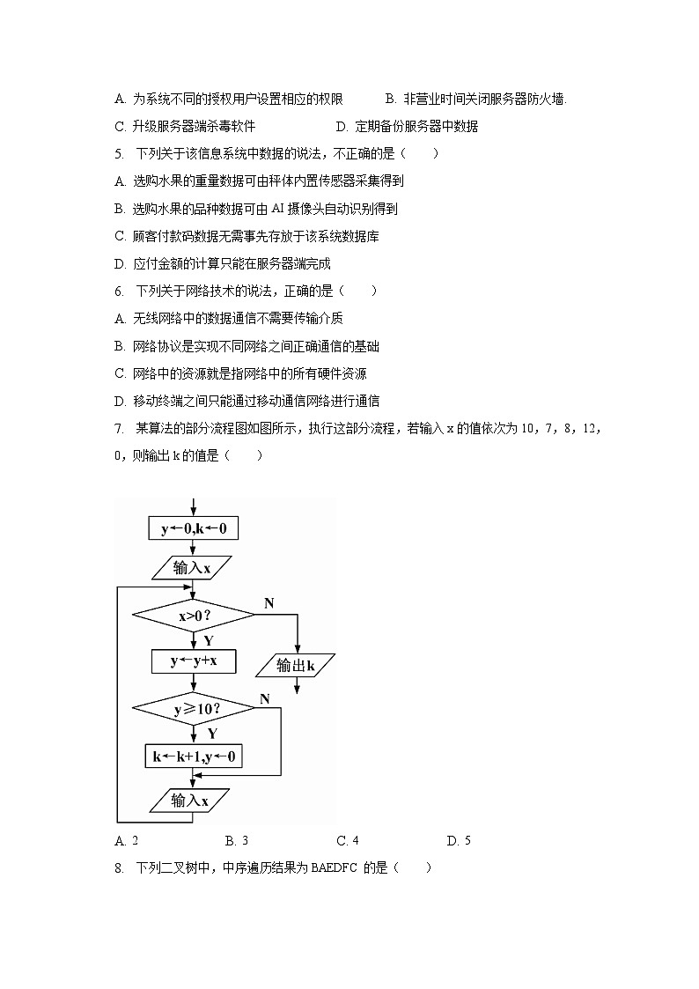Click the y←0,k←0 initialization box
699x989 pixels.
click(194, 528)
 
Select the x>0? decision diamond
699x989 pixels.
click(194, 616)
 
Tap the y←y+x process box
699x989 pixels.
click(194, 661)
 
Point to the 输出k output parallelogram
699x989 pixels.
click(296, 666)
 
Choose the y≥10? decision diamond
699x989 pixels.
click(194, 708)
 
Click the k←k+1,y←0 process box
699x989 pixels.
click(194, 756)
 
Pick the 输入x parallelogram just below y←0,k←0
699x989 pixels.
click(192, 568)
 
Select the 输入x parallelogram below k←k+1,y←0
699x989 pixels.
click(190, 801)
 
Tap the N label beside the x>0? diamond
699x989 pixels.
click(269, 603)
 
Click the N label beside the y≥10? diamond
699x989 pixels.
click(264, 697)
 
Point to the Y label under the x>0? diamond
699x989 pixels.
click(209, 640)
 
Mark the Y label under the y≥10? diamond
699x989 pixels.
click(212, 733)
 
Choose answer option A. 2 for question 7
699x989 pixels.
click(127, 841)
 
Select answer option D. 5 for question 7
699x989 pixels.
click(459, 841)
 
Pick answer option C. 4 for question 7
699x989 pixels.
click(348, 841)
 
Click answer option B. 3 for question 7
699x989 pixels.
click(238, 841)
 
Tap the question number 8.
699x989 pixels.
click(119, 868)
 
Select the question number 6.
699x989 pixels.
click(119, 291)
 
